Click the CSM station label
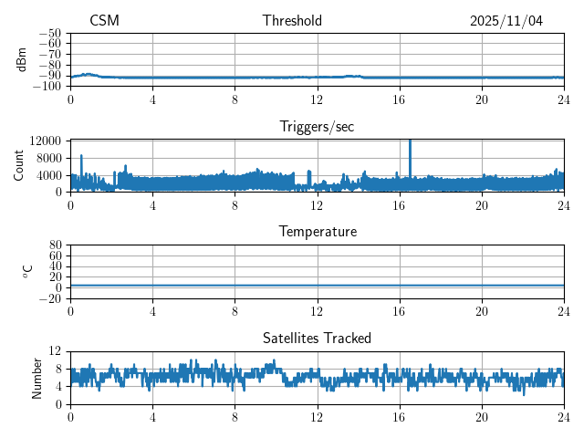tap(104, 21)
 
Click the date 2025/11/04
tap(506, 21)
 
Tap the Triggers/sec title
tap(317, 127)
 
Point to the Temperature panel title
tap(318, 232)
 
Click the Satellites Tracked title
tap(317, 338)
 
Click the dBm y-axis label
tap(22, 59)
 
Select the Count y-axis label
tap(18, 165)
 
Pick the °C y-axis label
tap(27, 271)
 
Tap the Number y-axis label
tap(36, 377)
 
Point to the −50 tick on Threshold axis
tap(49, 33)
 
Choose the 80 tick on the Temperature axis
tap(55, 245)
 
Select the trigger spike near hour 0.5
tap(81, 158)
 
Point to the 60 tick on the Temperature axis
tap(55, 255)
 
